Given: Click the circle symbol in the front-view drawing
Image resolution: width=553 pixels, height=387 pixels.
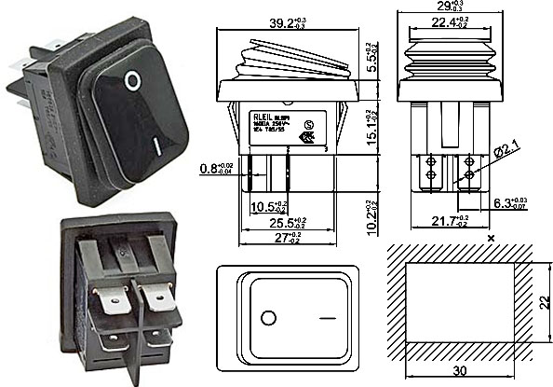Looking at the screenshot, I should point(268,318).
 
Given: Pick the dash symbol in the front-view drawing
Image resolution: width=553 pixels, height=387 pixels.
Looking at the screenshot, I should point(327,318).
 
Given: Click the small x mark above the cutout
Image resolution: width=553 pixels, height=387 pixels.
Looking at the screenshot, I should point(490,239).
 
